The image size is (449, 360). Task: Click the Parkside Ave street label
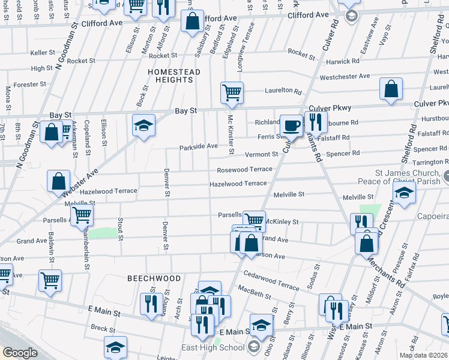(x=198, y=146)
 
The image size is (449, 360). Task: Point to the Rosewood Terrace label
(x=245, y=170)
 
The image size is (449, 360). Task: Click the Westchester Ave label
(x=345, y=76)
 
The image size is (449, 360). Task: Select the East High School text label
(x=213, y=348)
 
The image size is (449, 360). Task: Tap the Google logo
(x=20, y=353)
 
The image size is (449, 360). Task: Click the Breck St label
(x=103, y=328)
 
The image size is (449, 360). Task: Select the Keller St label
(x=43, y=53)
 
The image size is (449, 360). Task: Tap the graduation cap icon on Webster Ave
(x=143, y=125)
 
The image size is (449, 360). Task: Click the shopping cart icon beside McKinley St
(x=255, y=220)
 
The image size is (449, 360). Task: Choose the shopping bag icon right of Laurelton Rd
(x=391, y=89)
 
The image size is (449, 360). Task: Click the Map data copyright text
(x=424, y=355)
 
